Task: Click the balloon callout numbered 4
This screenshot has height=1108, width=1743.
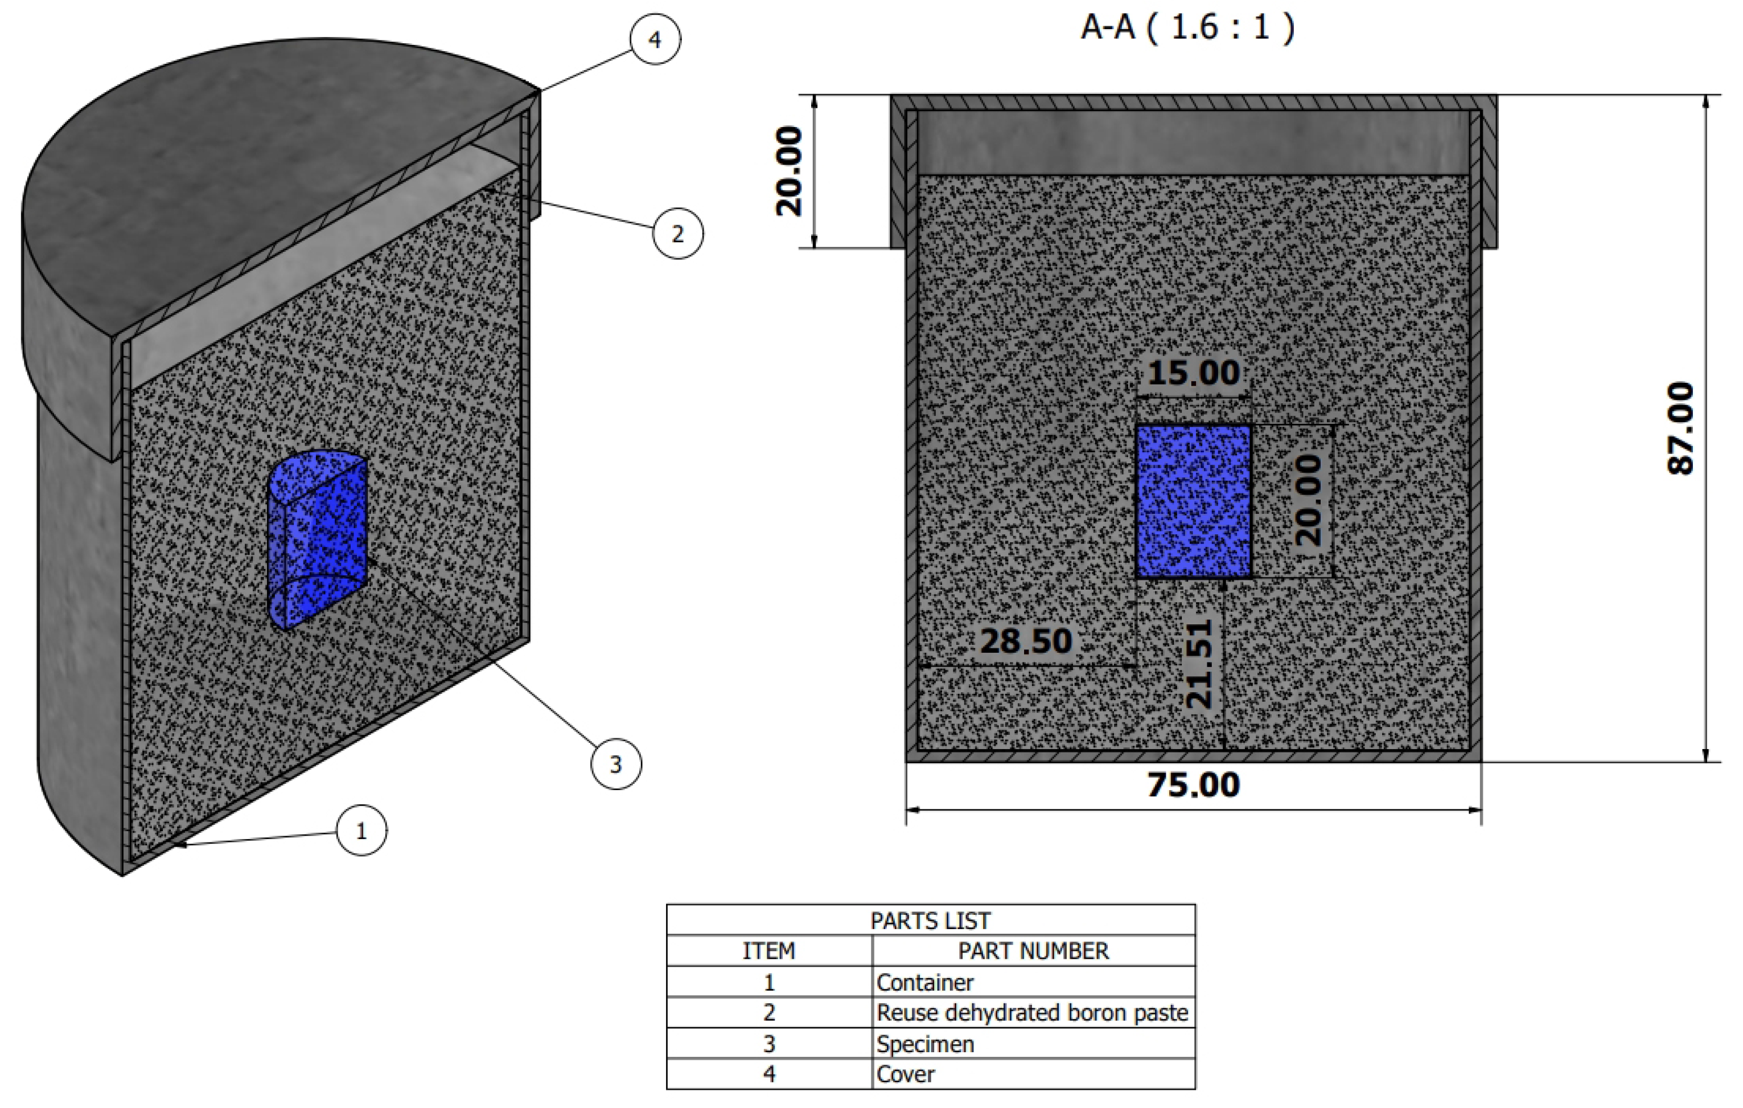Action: (655, 39)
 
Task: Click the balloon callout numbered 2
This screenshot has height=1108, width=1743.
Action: (677, 233)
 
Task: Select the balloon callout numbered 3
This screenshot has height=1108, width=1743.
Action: (616, 763)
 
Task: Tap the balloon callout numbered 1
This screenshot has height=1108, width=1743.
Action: (361, 830)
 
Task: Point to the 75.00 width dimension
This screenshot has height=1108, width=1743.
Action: (1193, 785)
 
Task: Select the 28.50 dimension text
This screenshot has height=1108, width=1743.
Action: (1026, 641)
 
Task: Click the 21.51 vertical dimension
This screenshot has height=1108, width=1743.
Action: (1199, 663)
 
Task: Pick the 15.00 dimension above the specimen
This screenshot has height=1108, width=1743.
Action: (1193, 373)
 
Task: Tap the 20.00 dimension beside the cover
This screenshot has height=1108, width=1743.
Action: (790, 171)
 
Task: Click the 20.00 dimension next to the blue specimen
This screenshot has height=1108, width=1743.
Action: (1309, 500)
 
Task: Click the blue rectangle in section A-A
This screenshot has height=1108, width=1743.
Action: (1193, 501)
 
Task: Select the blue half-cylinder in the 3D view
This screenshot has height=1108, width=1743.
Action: (319, 539)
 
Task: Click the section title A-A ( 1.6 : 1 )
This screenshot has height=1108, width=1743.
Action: (1187, 27)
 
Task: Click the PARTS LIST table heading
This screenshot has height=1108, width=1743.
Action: (930, 921)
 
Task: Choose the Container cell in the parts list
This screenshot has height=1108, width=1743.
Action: (924, 982)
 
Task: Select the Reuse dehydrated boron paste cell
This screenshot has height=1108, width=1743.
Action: (1031, 1012)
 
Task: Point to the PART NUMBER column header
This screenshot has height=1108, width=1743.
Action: (1033, 951)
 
